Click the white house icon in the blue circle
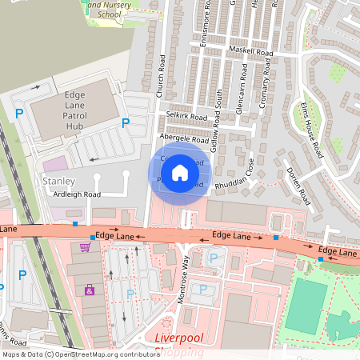tap(180, 172)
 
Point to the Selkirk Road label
tap(186, 117)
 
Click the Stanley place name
tap(58, 182)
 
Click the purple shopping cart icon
tap(85, 247)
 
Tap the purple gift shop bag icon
tap(90, 290)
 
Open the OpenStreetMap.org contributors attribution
tap(105, 354)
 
